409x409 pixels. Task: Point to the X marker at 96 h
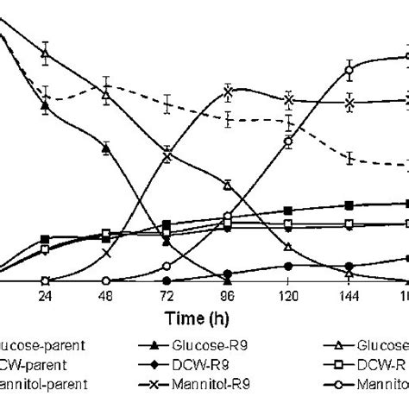pos(228,91)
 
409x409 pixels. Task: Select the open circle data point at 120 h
pos(288,142)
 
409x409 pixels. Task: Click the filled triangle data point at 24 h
pos(45,105)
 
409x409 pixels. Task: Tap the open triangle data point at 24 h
pos(45,53)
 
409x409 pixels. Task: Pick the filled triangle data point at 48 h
pos(105,149)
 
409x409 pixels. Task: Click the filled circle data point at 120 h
pos(288,266)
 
